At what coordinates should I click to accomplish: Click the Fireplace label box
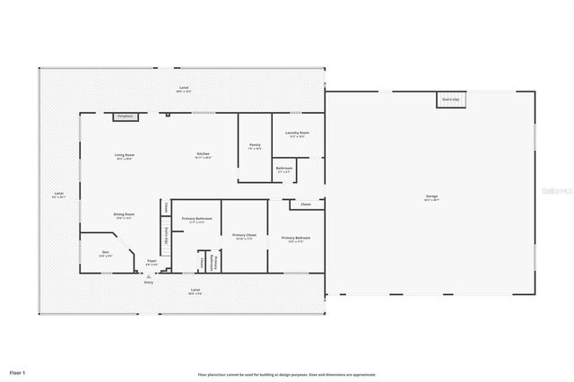125,116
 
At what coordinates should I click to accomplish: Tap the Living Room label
124,156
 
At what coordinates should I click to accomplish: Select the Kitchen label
204,155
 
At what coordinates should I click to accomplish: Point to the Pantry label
255,146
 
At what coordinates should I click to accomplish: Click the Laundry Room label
297,135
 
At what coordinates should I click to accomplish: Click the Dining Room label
124,215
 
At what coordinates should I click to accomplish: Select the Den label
105,254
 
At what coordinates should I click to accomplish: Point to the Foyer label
152,264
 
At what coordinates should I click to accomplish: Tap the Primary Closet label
244,238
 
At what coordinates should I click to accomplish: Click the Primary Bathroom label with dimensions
196,221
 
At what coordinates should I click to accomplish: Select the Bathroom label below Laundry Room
284,169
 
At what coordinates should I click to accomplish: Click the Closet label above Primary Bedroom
306,204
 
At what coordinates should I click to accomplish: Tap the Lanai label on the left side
58,195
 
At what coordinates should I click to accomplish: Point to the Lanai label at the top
184,89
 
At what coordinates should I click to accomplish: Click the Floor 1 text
18,371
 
